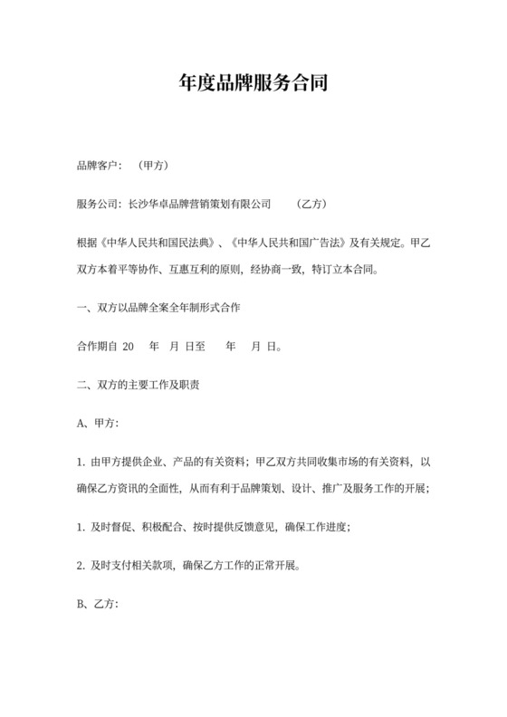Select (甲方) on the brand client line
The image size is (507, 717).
click(152, 166)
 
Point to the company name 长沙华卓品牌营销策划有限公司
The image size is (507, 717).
click(200, 205)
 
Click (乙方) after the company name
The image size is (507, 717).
click(311, 205)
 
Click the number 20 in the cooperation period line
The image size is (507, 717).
click(128, 346)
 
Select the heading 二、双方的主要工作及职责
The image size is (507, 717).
click(139, 385)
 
